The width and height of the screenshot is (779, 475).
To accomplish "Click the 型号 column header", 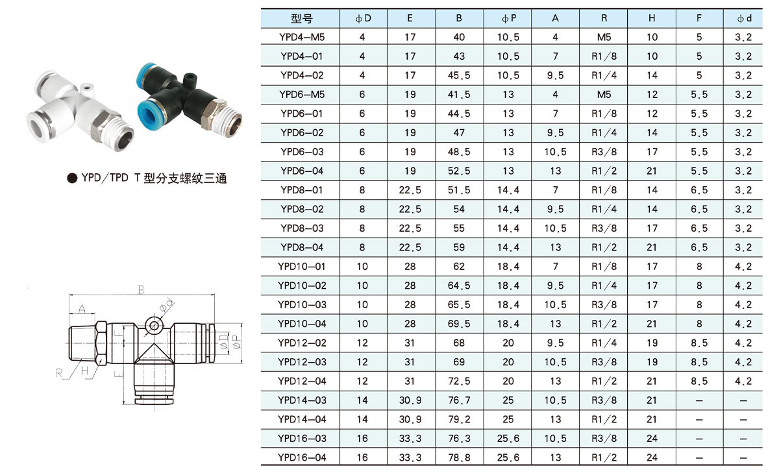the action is (x=301, y=18).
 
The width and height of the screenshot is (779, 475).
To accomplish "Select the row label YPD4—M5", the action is (x=301, y=37).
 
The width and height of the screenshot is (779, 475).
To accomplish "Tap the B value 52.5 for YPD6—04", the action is (x=459, y=171).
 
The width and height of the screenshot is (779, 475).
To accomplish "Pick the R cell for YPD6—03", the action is (x=604, y=152).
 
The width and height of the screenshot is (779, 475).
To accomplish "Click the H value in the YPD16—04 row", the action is (x=652, y=457).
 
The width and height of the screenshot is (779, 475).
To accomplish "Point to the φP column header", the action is (x=509, y=18).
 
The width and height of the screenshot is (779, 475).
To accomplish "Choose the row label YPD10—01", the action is (x=301, y=267).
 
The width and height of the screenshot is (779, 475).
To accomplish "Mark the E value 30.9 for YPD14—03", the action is (x=410, y=400).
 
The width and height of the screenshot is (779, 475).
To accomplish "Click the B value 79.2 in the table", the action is (x=459, y=419).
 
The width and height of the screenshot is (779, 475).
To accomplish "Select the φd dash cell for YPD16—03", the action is (x=743, y=439).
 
